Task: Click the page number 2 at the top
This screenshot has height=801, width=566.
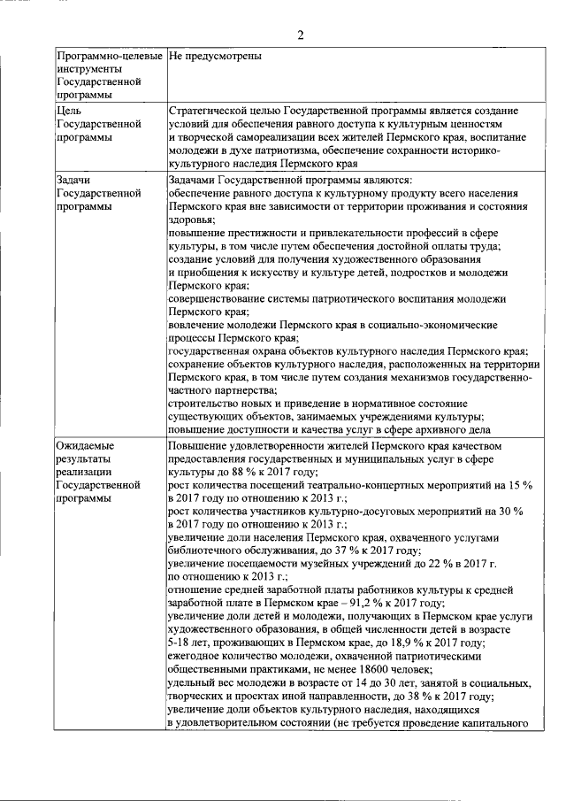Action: [300, 35]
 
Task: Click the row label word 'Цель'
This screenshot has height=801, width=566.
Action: [69, 112]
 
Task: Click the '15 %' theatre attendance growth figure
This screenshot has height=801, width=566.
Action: [518, 486]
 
